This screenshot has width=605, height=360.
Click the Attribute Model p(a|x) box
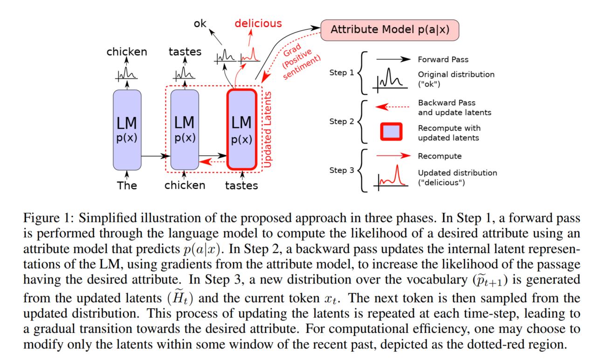click(390, 30)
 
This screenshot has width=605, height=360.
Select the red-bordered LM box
click(241, 129)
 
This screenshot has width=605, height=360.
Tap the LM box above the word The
click(127, 129)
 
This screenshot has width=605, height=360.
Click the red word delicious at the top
click(258, 23)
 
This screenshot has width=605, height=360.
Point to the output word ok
click(200, 23)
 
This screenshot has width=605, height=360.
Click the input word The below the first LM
click(127, 185)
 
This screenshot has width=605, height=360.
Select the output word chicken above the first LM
click(127, 52)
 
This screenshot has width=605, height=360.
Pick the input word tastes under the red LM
click(241, 185)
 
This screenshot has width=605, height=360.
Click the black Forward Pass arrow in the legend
click(393, 60)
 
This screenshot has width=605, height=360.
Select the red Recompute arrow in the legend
click(393, 156)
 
